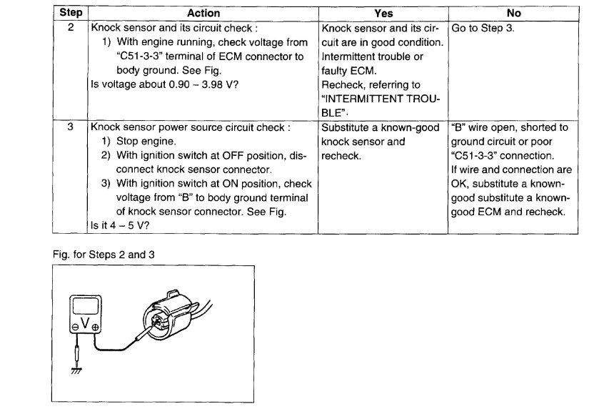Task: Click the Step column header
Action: pyautogui.click(x=70, y=13)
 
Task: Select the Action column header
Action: pyautogui.click(x=203, y=13)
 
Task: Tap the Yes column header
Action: pyautogui.click(x=383, y=13)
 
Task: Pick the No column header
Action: pyautogui.click(x=513, y=13)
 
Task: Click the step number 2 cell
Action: pyautogui.click(x=70, y=29)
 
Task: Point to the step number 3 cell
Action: pyautogui.click(x=70, y=127)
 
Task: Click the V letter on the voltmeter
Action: pyautogui.click(x=85, y=323)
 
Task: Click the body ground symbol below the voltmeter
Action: pyautogui.click(x=76, y=370)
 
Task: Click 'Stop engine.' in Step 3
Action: pyautogui.click(x=146, y=141)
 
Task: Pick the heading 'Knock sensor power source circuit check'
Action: pyautogui.click(x=188, y=127)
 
